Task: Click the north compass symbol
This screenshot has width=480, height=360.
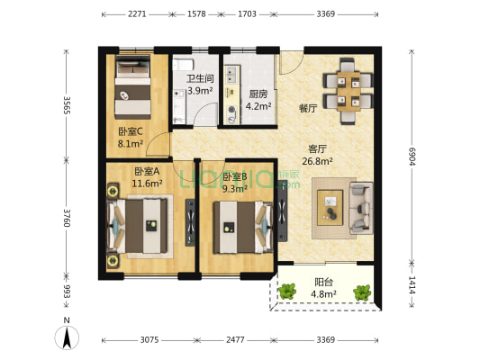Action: [67, 337]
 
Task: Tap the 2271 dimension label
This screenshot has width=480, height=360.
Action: [137, 14]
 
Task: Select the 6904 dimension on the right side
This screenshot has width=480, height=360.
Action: [412, 157]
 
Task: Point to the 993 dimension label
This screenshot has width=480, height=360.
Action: [67, 292]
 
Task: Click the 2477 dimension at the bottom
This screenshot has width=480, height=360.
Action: [235, 340]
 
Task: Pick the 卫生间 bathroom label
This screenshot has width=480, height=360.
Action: [200, 78]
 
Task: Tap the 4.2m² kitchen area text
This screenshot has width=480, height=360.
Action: [258, 106]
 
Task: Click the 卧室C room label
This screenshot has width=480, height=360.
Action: [131, 131]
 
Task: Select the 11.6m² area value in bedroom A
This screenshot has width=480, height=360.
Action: [147, 184]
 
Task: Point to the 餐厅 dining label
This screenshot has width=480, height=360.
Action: [308, 108]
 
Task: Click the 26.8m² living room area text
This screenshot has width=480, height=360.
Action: [318, 161]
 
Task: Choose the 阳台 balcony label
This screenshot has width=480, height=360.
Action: [324, 282]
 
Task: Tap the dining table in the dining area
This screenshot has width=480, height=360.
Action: [349, 91]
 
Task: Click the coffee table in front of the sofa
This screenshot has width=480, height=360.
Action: [330, 208]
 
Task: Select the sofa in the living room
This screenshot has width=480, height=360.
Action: [361, 208]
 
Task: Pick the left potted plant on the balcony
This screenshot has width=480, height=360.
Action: [287, 292]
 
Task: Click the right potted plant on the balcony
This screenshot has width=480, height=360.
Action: [362, 292]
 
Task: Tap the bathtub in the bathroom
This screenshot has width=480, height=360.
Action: [183, 65]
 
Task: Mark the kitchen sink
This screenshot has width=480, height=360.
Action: [231, 74]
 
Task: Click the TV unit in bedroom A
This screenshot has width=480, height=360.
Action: [190, 222]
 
